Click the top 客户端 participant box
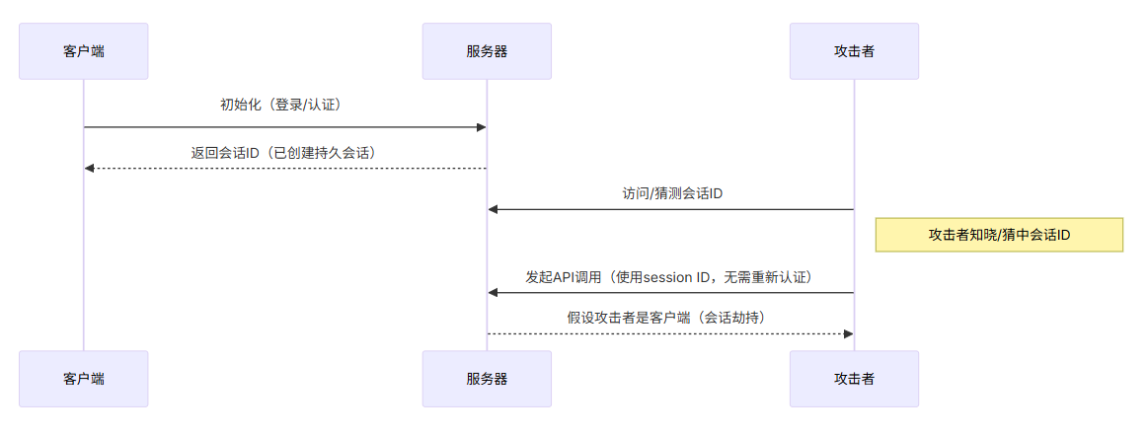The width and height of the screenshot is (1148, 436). click(x=84, y=51)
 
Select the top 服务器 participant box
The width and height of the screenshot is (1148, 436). click(x=487, y=51)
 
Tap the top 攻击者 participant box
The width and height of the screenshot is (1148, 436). click(x=854, y=51)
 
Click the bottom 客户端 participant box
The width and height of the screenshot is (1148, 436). click(x=84, y=379)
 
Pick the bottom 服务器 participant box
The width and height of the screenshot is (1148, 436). click(x=487, y=379)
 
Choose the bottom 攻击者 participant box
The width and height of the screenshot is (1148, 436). click(x=854, y=379)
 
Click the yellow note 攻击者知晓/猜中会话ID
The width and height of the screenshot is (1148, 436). click(x=999, y=235)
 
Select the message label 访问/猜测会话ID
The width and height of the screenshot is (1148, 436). click(x=672, y=194)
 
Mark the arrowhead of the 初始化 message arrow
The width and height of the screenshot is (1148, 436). click(x=482, y=127)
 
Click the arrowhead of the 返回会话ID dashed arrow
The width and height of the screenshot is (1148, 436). click(x=90, y=169)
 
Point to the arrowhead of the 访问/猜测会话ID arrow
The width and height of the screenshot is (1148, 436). click(x=493, y=209)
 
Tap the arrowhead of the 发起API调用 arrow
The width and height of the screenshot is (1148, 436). click(x=493, y=292)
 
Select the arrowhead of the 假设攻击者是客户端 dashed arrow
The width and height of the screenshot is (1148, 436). click(x=848, y=333)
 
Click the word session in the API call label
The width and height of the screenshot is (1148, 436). click(x=671, y=277)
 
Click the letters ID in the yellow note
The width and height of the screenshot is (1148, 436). click(x=1062, y=235)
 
